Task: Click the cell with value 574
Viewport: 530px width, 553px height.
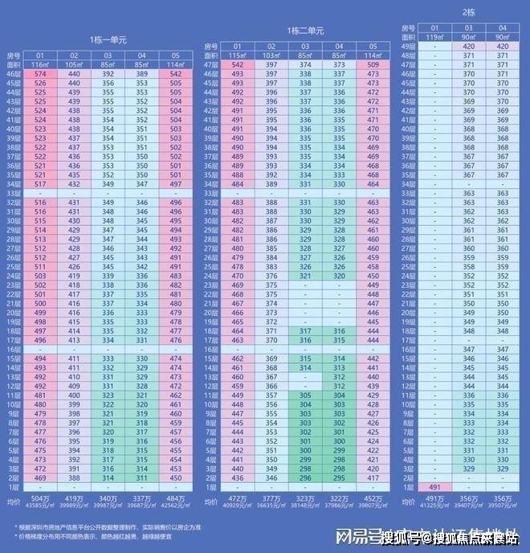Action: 42,74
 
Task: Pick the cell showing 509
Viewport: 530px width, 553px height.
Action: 372,64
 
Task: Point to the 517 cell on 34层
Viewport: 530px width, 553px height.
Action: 42,184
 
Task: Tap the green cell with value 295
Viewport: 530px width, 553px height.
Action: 339,478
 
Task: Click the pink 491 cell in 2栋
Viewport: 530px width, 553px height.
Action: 435,487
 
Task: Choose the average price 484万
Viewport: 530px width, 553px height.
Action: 176,497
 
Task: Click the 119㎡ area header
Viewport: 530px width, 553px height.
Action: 435,36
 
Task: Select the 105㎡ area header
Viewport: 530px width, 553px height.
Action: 75,63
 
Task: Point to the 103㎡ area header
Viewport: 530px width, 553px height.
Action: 271,55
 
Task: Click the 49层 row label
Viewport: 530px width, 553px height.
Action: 408,47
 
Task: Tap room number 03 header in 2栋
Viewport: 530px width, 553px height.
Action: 468,27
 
